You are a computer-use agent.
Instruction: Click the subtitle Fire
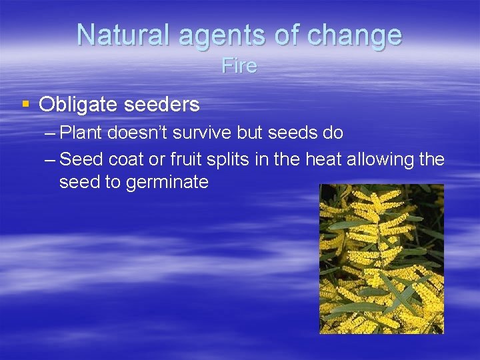(239, 67)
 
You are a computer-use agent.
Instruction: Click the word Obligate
(76, 105)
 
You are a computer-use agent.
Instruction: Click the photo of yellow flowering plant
(381, 259)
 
